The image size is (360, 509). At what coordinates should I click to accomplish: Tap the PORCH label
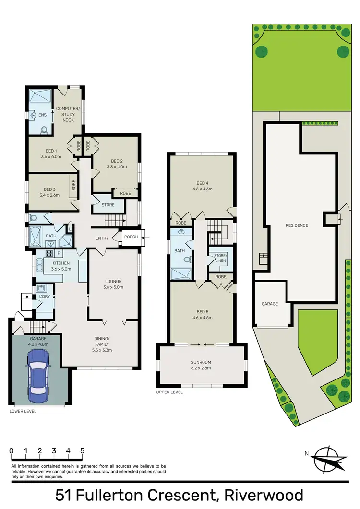point(131,237)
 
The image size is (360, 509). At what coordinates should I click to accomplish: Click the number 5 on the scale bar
point(83,451)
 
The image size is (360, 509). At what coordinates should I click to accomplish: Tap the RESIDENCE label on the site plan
point(297,225)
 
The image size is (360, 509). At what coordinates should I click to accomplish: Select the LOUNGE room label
point(114,284)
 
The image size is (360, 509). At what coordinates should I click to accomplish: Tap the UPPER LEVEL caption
point(169,392)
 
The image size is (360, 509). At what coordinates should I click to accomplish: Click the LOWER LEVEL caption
point(23,411)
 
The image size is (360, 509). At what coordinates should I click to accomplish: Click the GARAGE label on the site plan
point(270,304)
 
